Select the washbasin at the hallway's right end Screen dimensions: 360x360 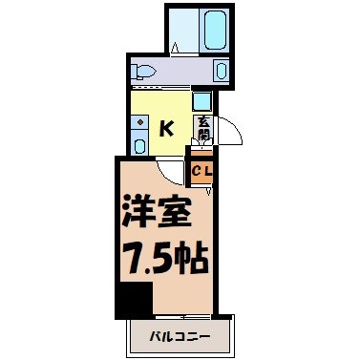tap(222, 70)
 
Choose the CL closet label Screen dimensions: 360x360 tap(202, 172)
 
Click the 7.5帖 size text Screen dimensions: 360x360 tap(164, 259)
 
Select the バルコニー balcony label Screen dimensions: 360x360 tap(180, 335)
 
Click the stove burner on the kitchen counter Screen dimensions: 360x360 tap(140, 122)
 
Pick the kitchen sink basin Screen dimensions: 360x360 tap(140, 146)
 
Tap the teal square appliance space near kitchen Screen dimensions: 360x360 tap(201, 101)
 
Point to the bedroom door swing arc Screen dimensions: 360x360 tap(170, 169)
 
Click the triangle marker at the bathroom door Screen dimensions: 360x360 tap(176, 48)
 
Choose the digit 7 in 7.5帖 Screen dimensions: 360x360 tap(129, 259)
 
